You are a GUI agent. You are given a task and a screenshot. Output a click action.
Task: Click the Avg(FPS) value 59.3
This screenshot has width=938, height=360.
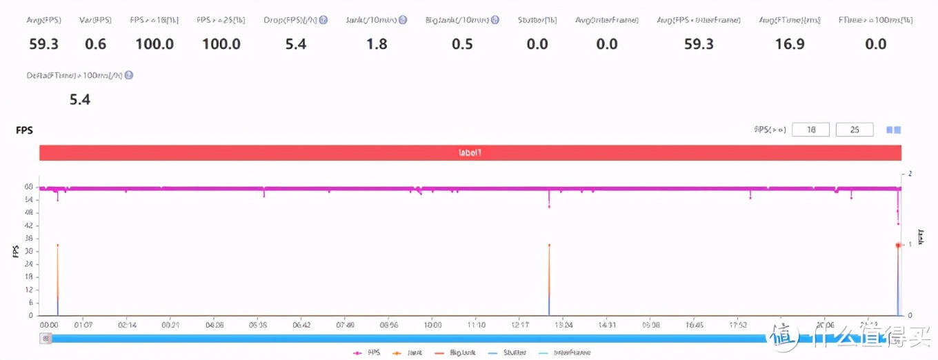click(x=43, y=45)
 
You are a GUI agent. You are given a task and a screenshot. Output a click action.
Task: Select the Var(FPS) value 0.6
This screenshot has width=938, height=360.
click(x=95, y=45)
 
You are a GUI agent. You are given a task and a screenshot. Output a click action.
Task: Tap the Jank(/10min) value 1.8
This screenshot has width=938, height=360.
click(x=377, y=45)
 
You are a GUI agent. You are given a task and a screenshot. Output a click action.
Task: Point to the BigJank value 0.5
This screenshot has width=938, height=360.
click(x=462, y=45)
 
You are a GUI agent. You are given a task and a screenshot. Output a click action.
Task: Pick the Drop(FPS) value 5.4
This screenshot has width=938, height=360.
click(x=295, y=45)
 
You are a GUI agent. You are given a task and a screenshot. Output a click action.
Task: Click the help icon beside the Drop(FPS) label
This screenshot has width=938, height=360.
click(x=323, y=20)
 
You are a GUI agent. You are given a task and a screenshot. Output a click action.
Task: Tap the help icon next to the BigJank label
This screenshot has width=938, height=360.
click(x=495, y=20)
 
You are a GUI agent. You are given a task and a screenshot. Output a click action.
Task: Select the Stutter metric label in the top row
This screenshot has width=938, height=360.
click(x=537, y=20)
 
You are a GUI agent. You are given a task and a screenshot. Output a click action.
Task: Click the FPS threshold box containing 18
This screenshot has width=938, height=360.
click(x=810, y=130)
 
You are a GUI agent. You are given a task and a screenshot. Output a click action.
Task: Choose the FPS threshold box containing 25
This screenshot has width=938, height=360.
click(x=855, y=130)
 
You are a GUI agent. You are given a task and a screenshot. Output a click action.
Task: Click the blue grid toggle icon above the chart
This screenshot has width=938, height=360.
click(x=893, y=130)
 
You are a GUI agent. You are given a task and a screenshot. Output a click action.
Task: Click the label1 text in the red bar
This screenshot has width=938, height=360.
click(x=470, y=153)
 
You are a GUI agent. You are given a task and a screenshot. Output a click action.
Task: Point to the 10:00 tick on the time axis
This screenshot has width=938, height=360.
click(x=432, y=324)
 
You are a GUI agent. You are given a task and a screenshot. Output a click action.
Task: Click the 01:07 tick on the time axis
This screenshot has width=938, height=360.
click(x=83, y=324)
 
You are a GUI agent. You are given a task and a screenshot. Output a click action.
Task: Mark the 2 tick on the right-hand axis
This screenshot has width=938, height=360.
click(x=910, y=174)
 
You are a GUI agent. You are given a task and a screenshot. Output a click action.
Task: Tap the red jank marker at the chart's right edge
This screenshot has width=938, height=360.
click(x=898, y=245)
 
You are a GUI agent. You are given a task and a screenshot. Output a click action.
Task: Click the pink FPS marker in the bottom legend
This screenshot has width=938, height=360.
click(x=357, y=352)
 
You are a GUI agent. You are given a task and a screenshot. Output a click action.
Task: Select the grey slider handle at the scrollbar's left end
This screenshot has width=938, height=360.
click(x=46, y=338)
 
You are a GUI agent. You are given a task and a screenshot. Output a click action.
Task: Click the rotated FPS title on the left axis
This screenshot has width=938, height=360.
click(x=15, y=252)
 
